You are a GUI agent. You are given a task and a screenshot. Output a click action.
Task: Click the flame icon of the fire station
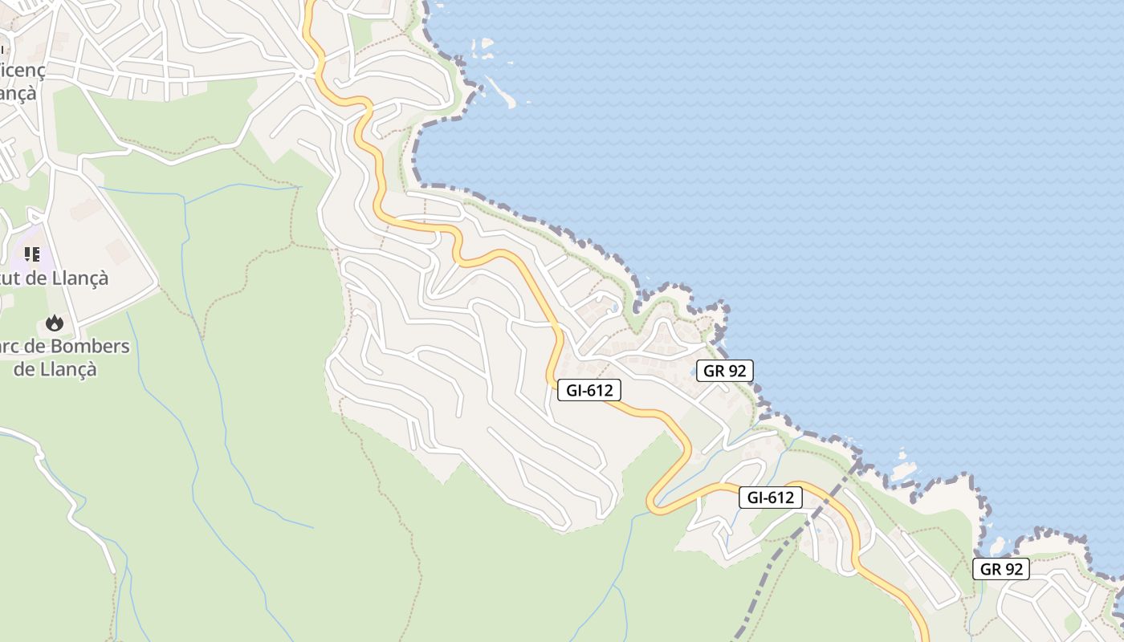tap(54, 323)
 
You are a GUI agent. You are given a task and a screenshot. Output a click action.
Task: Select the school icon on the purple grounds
tap(32, 254)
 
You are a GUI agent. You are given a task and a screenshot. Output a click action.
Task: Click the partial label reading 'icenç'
tap(22, 70)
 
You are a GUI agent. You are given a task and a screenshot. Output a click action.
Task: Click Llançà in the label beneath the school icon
tap(79, 278)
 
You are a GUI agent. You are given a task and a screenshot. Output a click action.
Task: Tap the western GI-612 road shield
tap(589, 391)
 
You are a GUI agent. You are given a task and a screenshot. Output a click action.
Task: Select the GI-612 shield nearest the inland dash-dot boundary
tap(770, 498)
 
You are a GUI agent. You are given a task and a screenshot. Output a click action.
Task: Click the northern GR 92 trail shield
tap(724, 371)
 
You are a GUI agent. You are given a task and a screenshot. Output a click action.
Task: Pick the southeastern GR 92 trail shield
tap(1000, 569)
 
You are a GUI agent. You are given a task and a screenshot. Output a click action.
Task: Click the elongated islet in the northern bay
tap(500, 92)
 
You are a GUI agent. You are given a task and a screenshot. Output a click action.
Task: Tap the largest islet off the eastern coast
tap(902, 470)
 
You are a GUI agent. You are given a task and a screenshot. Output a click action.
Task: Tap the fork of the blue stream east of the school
tap(185, 201)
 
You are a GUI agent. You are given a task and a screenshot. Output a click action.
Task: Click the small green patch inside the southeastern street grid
tap(1072, 622)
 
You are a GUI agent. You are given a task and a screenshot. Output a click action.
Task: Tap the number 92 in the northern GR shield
tap(736, 371)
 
